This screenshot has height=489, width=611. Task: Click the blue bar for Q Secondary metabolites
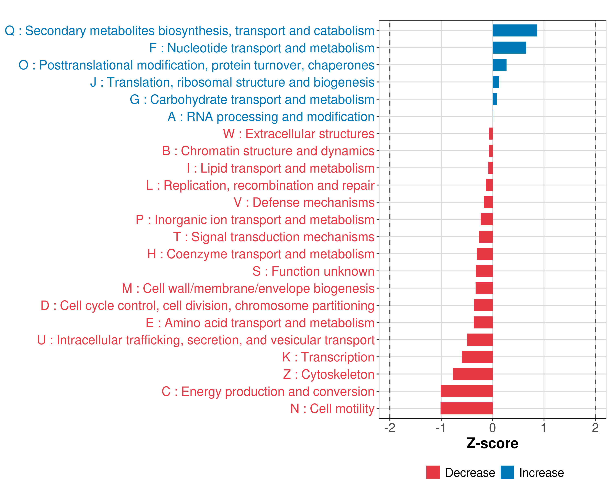[x=514, y=31]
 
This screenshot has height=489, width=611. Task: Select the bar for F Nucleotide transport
[x=509, y=48]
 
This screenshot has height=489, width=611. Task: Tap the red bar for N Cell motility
[x=466, y=409]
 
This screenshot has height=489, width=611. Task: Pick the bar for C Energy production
[x=466, y=391]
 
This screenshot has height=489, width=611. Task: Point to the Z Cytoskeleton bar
[x=473, y=374]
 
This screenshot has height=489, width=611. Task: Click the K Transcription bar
[x=477, y=357]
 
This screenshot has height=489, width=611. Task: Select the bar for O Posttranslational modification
[x=499, y=65]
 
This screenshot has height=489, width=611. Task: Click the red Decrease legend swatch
[x=433, y=472]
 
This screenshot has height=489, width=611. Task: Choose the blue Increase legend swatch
[x=507, y=472]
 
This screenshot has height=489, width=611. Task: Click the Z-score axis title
[x=492, y=443]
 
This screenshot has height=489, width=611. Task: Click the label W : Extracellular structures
[x=299, y=134]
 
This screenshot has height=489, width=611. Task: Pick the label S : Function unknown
[x=313, y=271]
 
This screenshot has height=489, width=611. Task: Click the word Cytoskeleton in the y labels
[x=338, y=374]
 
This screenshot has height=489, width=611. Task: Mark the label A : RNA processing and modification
[x=271, y=117]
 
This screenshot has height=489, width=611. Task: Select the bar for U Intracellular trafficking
[x=480, y=340]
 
